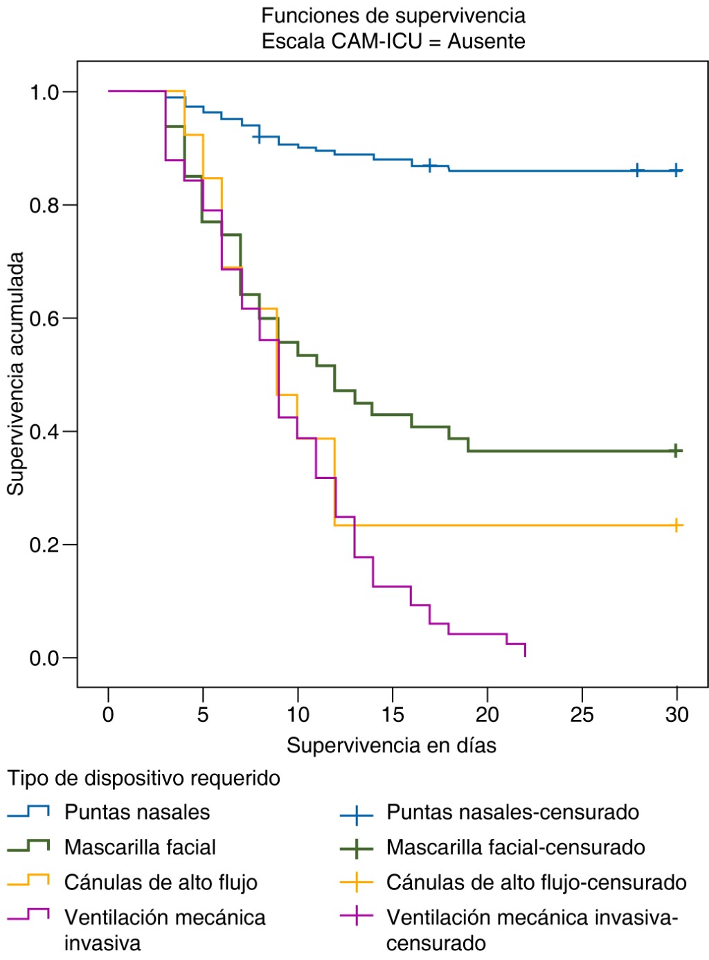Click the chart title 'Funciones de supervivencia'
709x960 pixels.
(x=393, y=15)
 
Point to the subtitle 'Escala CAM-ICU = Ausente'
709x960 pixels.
(x=393, y=42)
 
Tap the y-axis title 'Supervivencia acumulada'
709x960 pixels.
(x=16, y=374)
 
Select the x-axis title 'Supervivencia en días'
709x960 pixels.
(x=391, y=745)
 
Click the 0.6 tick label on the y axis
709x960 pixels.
(x=44, y=318)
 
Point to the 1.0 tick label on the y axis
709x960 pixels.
(x=44, y=92)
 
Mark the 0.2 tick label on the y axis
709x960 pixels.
(x=44, y=545)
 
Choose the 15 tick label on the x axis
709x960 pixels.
(x=393, y=714)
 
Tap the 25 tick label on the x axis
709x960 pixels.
(x=582, y=714)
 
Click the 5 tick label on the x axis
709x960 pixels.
(x=203, y=714)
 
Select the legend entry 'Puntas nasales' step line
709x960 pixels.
(x=28, y=811)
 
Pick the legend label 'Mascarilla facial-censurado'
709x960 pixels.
(x=515, y=847)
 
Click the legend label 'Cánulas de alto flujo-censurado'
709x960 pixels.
(x=536, y=882)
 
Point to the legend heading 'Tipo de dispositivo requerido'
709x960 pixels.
(x=144, y=778)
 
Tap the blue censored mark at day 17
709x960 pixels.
(x=430, y=165)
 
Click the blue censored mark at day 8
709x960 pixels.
(x=259, y=137)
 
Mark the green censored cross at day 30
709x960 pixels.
(x=676, y=451)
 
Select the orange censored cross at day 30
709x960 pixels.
(x=676, y=525)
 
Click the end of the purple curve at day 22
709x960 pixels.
(x=526, y=654)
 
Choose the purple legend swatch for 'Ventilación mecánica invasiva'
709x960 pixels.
(x=28, y=916)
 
